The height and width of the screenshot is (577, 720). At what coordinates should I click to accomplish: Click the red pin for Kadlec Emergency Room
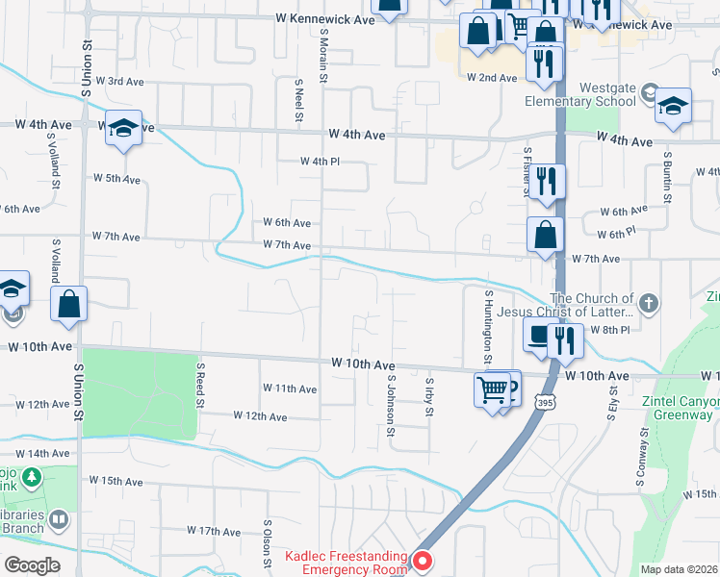(423, 559)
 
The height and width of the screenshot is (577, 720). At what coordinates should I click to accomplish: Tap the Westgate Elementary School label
(580, 94)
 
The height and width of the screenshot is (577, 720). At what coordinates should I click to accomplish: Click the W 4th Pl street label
(320, 162)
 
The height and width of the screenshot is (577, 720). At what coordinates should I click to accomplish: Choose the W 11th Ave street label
(290, 389)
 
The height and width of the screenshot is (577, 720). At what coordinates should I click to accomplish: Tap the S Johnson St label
(391, 406)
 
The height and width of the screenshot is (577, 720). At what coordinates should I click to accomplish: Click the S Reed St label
(200, 385)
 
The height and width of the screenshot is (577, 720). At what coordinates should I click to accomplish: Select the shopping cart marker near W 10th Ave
(492, 390)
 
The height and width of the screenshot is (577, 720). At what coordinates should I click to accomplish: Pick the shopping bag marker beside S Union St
(69, 304)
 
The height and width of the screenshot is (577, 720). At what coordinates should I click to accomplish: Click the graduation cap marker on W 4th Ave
(123, 128)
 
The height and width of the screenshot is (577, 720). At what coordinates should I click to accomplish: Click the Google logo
(33, 565)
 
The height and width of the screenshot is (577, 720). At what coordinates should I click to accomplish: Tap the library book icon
(59, 520)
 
